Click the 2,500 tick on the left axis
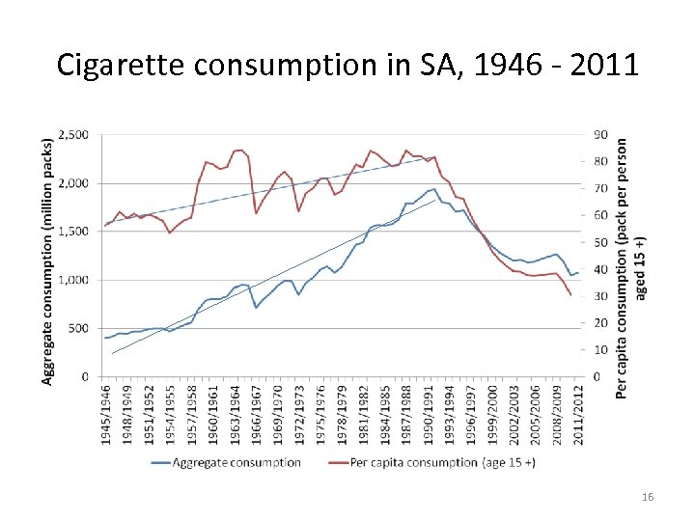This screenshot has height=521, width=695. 74,134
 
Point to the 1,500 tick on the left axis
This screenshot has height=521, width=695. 74,232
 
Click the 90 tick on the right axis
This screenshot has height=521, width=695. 600,134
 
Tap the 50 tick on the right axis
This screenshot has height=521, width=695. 600,242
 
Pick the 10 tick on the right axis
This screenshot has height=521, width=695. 600,349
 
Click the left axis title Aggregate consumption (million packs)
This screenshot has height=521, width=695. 48,260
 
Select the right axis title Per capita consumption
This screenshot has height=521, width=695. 627,265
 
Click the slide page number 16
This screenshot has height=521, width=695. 648,496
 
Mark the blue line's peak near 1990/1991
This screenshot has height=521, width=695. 434,188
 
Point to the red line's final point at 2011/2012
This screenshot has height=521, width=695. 570,294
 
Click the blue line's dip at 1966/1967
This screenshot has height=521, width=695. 256,307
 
